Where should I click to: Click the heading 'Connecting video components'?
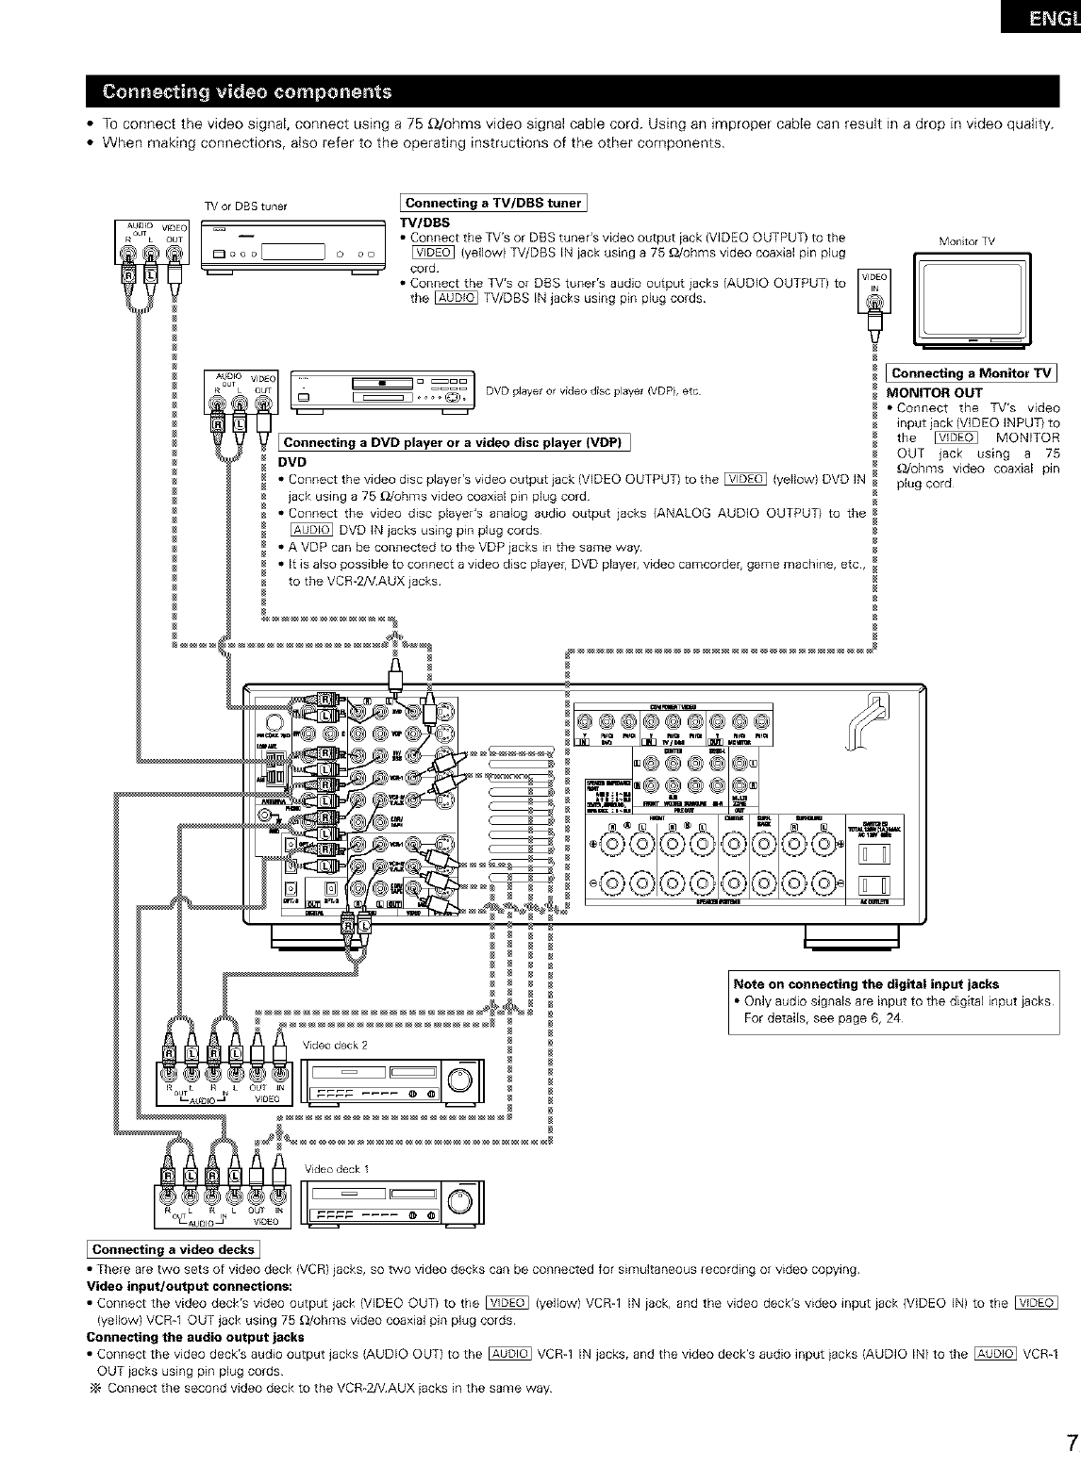247,91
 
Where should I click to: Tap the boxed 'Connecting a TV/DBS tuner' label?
493,203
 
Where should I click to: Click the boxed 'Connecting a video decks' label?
174,1249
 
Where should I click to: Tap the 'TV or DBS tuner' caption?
245,207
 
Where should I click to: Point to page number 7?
1071,1443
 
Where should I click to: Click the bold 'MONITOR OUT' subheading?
935,392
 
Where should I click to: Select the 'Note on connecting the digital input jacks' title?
866,983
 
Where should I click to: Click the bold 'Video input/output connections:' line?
189,1286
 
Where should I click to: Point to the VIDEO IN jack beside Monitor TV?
874,303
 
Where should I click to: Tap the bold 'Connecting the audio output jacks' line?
195,1337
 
